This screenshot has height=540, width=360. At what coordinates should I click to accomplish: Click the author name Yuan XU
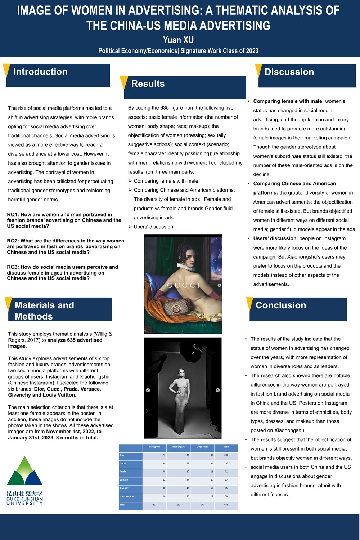point(178,40)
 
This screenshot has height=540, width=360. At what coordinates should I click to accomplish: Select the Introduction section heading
point(40,72)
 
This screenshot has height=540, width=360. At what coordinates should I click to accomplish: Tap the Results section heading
point(148,84)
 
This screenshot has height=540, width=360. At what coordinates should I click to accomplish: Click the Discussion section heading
point(289,72)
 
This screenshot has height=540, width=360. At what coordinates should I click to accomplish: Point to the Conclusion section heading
point(281,305)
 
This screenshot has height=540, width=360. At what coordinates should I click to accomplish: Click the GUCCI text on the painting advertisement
point(183,285)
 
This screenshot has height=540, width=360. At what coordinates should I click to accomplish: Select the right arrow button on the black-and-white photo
point(217,390)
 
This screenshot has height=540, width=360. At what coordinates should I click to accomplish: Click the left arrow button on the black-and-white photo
point(148,390)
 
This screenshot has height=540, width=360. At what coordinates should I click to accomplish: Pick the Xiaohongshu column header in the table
point(178,447)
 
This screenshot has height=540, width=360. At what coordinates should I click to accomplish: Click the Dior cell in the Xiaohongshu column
point(178,455)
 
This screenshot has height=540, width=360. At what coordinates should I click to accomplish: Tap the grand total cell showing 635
point(226,505)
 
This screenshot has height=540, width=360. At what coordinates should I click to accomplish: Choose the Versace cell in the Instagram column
point(154,480)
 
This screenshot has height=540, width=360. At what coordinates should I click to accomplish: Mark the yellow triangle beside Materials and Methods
point(8,303)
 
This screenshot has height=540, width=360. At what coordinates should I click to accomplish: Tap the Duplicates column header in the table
point(202,447)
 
